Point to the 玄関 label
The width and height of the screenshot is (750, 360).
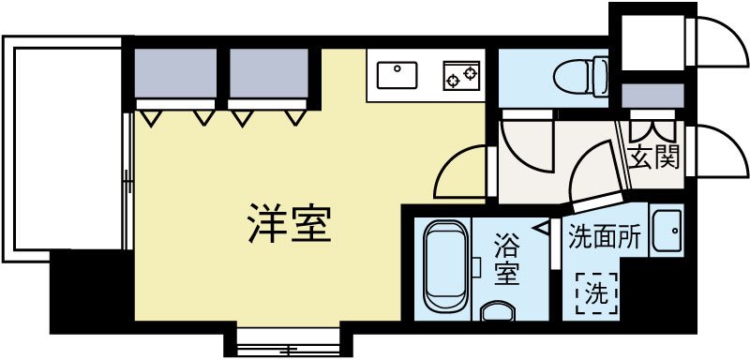coord(652,157)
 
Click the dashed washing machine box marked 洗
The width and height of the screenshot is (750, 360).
coord(596,292)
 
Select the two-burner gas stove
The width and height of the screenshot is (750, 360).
coord(460,73)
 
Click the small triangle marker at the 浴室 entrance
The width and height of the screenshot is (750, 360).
coord(542,226)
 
